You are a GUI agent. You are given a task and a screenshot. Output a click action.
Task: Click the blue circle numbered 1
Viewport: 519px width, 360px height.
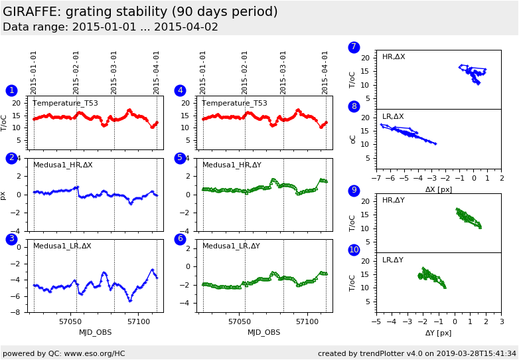click(11, 90)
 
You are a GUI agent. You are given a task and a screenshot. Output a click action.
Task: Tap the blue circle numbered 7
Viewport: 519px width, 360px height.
click(354, 47)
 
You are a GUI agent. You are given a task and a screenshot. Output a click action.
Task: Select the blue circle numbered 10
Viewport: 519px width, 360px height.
click(354, 250)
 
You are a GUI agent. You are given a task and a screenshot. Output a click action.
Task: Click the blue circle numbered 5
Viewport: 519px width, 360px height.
click(180, 158)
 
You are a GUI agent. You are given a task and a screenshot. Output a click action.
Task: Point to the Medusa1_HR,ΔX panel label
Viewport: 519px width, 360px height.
click(63, 165)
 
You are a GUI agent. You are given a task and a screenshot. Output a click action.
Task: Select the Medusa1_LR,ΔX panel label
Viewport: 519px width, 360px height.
click(62, 246)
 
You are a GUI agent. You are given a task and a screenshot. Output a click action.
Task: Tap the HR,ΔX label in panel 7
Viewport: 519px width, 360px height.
click(394, 57)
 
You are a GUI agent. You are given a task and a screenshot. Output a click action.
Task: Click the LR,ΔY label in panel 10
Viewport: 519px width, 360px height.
click(393, 260)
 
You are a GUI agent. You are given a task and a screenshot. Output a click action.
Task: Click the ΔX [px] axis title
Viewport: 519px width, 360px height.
click(438, 189)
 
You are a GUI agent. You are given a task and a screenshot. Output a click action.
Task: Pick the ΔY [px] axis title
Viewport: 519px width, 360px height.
click(438, 333)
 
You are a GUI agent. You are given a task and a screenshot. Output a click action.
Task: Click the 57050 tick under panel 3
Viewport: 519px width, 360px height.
click(70, 322)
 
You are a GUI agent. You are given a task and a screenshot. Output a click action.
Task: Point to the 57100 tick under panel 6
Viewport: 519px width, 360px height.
click(307, 322)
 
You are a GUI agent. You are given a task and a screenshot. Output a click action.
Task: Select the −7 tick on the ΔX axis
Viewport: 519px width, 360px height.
click(376, 179)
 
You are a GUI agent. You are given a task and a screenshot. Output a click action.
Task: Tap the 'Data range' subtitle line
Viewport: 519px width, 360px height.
click(110, 27)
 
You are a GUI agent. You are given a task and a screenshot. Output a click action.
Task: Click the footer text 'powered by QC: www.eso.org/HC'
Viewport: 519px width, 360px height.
click(64, 353)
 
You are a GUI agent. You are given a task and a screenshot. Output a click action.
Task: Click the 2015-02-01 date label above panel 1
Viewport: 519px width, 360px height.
click(76, 72)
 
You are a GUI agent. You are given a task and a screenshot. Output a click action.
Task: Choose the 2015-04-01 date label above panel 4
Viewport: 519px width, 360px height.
click(326, 72)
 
